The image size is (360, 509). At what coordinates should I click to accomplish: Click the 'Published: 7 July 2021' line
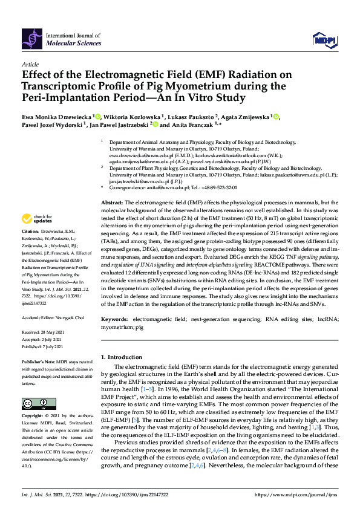pyautogui.click(x=43, y=346)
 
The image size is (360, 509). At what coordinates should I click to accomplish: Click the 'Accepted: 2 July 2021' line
pyautogui.click(x=42, y=339)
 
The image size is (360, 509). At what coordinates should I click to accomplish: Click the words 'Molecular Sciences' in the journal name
pyautogui.click(x=69, y=44)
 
